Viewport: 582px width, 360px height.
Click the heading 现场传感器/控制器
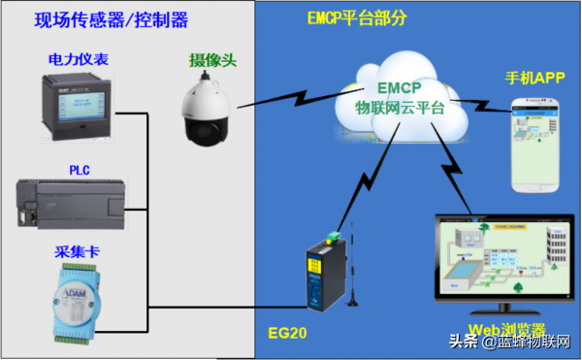point(112,19)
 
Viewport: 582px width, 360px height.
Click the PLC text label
point(79,170)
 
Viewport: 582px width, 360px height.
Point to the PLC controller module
point(78,203)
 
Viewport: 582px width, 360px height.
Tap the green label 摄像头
point(213,60)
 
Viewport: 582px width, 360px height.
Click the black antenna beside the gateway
point(351,262)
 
